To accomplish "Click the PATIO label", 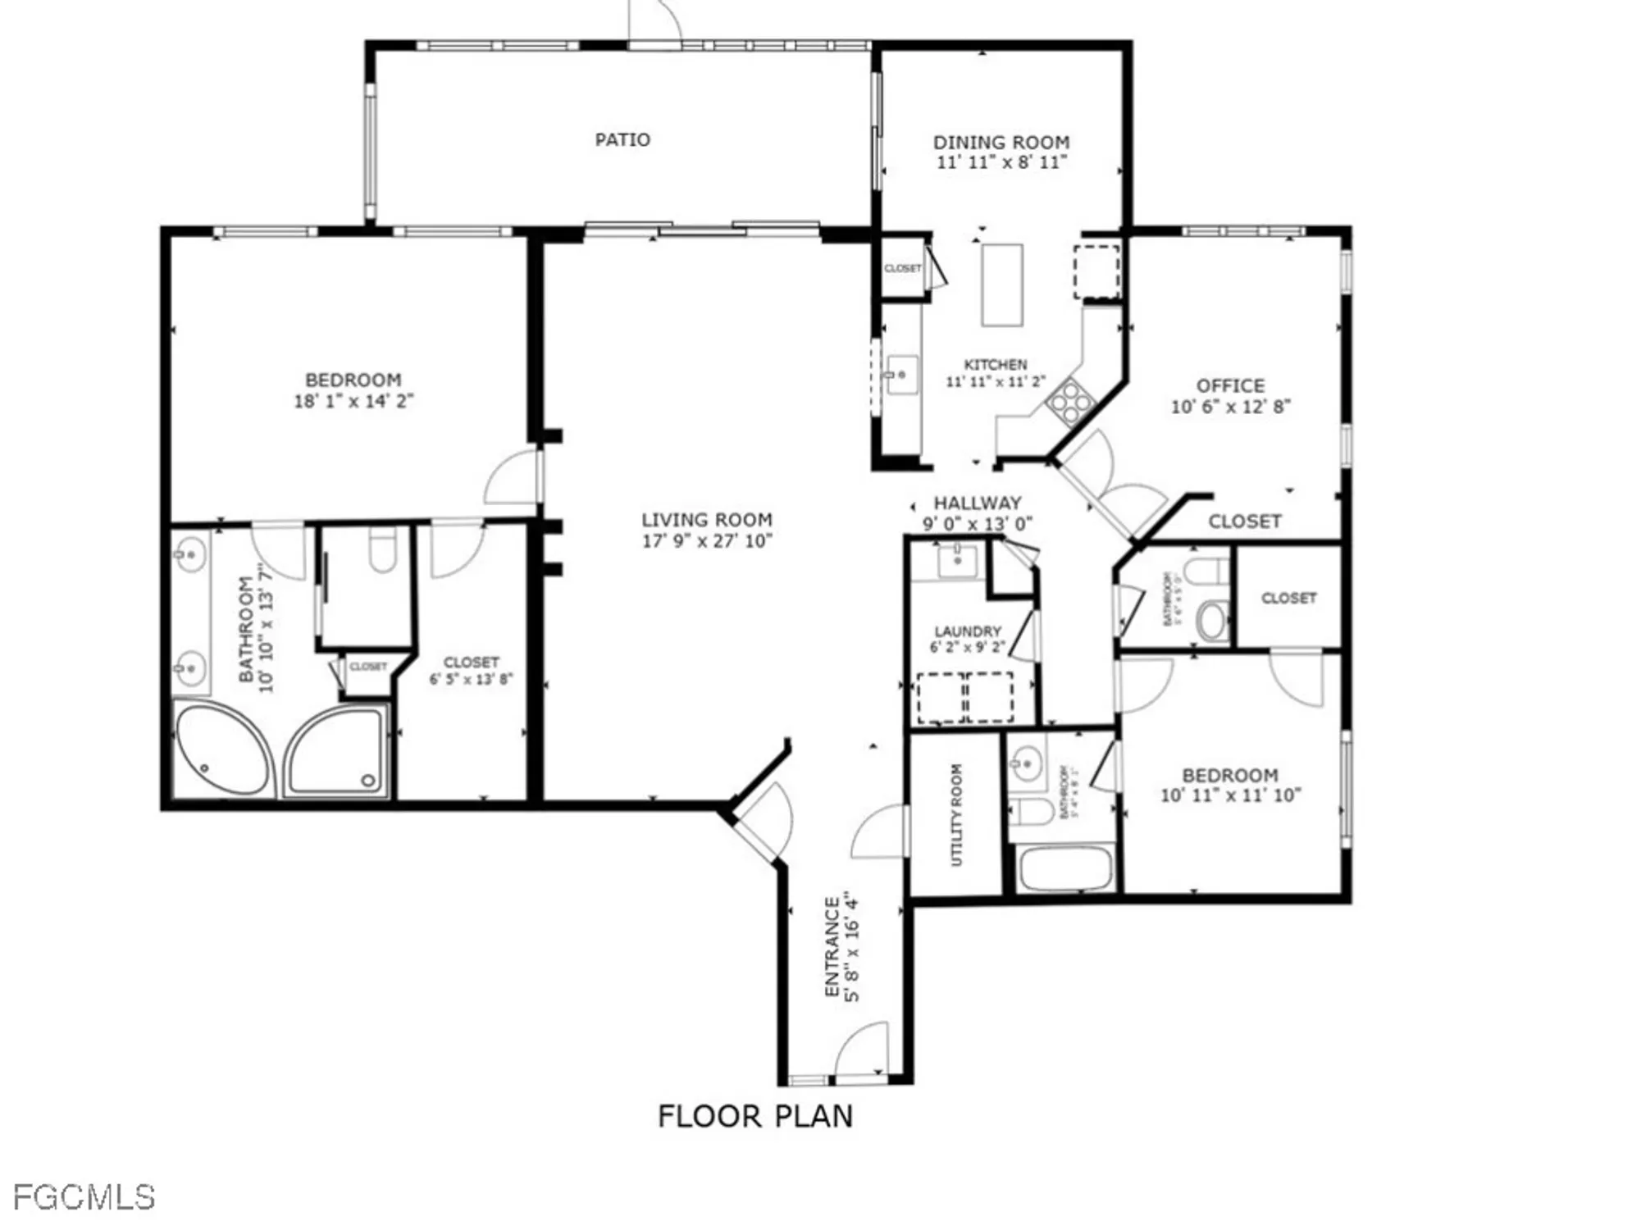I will (622, 140).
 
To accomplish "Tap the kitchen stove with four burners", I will (1071, 402).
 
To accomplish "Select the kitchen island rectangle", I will (1001, 285).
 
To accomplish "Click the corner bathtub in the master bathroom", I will (222, 749).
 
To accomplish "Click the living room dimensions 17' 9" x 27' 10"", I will (707, 541).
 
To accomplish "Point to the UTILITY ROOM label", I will (956, 814).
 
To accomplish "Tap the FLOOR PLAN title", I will (755, 1116).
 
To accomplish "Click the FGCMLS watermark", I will (84, 1198).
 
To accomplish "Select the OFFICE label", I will (1230, 385).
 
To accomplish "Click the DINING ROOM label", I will (1001, 143).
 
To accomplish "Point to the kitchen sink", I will (902, 375).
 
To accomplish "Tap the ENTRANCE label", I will (832, 946).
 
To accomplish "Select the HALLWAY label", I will (978, 503).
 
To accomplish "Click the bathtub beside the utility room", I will (1065, 868).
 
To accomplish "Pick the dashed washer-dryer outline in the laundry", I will (964, 697).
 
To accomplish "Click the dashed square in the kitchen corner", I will (1096, 271).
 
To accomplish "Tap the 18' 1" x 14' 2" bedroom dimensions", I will (353, 401).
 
